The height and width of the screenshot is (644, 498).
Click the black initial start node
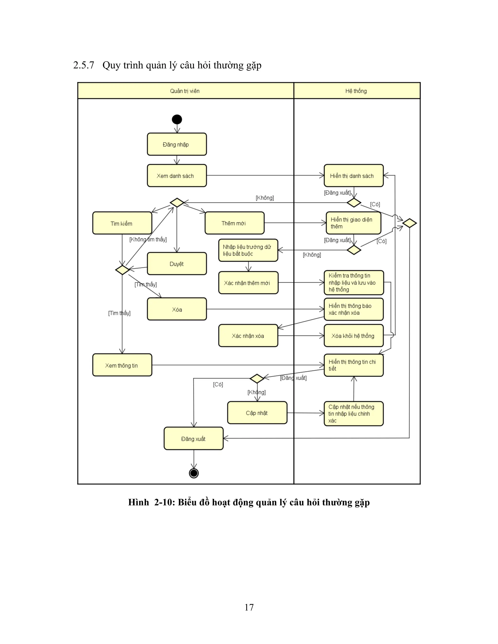pos(177,119)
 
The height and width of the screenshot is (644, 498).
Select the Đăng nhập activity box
pos(177,144)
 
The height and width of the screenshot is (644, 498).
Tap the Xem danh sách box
pos(177,176)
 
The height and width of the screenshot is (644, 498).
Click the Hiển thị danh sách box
pos(353,176)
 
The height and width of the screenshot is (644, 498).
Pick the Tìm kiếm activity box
pos(122,223)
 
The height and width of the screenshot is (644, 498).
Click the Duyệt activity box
pos(177,264)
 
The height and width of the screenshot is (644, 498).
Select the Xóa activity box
pos(177,309)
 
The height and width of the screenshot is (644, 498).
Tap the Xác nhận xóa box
pos(248,336)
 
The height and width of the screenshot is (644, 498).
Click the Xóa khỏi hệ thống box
pos(353,336)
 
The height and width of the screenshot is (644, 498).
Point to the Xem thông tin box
pos(122,365)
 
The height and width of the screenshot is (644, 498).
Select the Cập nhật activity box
pos(257,413)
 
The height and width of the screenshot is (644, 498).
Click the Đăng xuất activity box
pos(194,438)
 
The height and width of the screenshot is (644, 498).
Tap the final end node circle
pos(194,473)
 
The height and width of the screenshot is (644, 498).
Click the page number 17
pos(249,607)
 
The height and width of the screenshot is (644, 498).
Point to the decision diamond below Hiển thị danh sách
pos(354,203)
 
